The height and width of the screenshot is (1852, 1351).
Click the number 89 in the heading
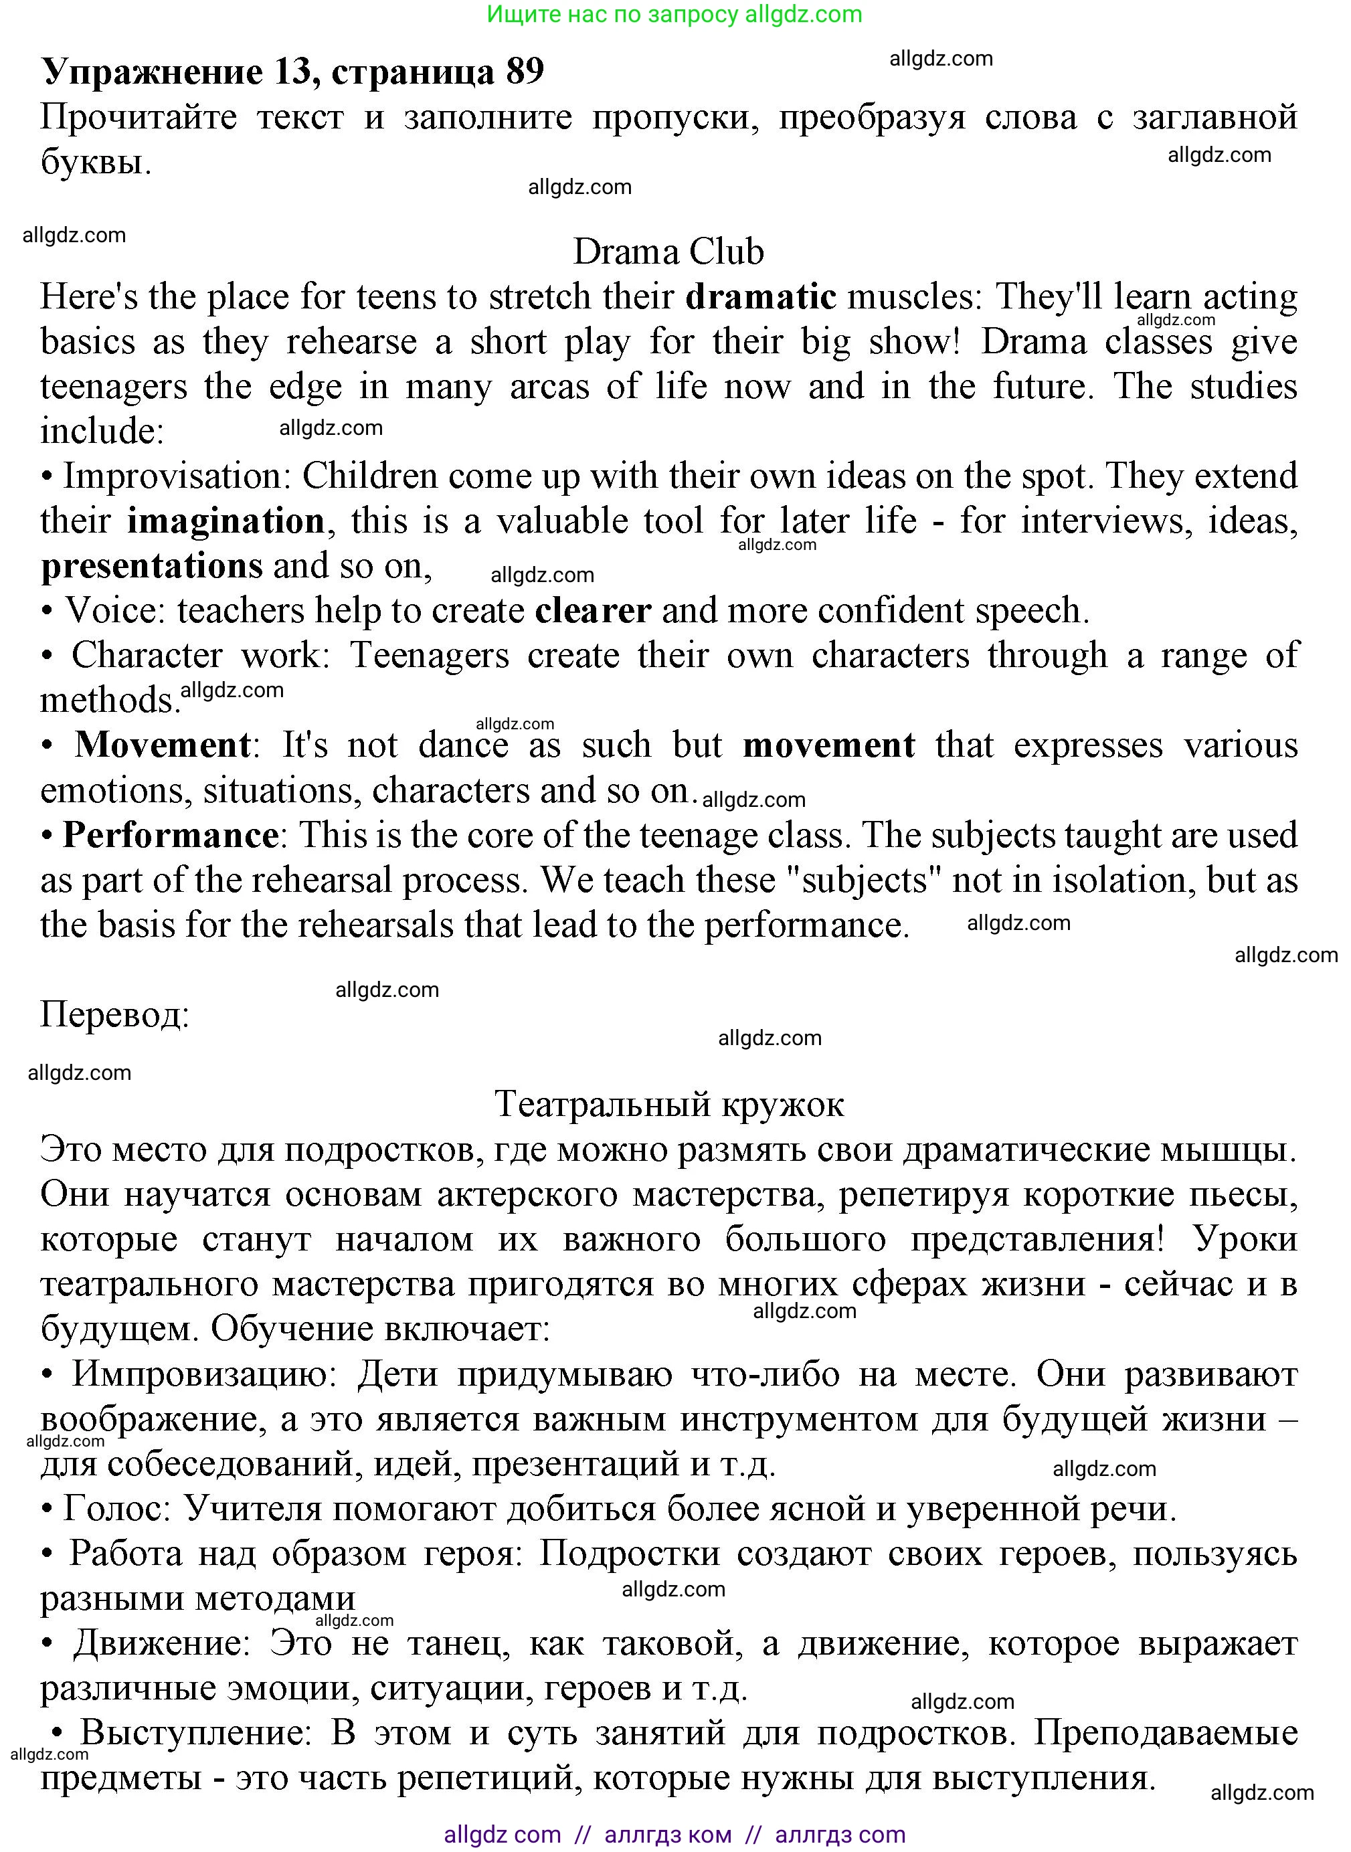tap(524, 72)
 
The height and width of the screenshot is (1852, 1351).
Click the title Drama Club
tap(668, 252)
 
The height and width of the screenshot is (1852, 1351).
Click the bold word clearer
tap(593, 611)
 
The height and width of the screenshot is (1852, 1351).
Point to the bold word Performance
tap(170, 836)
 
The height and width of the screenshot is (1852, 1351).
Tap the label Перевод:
tap(114, 1016)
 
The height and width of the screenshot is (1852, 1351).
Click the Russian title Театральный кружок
tap(669, 1105)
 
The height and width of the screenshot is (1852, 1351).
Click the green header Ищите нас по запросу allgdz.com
tap(674, 14)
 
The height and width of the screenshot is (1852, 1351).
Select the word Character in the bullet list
tap(147, 656)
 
